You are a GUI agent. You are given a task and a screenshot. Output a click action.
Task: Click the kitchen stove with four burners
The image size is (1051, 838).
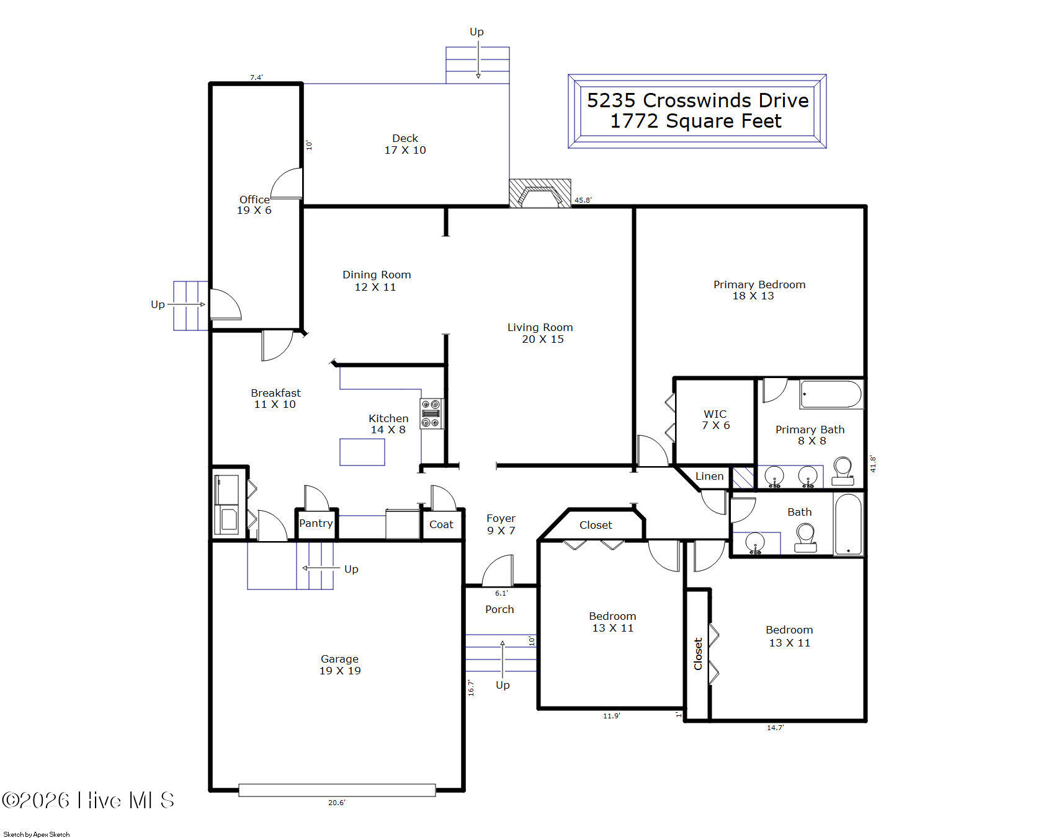click(x=432, y=413)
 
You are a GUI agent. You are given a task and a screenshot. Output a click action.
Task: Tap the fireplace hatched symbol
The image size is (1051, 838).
click(x=540, y=193)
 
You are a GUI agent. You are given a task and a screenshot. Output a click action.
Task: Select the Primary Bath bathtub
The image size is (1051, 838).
click(x=831, y=394)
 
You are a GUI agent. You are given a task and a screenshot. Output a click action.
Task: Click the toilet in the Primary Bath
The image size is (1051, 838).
click(x=843, y=472)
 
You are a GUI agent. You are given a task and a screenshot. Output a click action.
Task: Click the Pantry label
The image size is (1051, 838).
click(x=316, y=523)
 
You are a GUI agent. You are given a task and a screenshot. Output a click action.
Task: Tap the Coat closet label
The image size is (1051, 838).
click(x=441, y=524)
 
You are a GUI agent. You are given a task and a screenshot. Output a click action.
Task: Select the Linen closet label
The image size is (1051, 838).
click(x=709, y=476)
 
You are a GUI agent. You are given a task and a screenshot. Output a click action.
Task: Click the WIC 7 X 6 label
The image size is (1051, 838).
click(x=715, y=420)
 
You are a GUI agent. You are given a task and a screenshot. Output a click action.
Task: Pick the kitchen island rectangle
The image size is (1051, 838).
click(x=362, y=452)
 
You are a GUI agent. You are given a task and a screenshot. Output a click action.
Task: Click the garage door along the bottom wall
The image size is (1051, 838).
click(x=337, y=790)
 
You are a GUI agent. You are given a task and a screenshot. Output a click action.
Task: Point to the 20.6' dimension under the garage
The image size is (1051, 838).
click(x=336, y=803)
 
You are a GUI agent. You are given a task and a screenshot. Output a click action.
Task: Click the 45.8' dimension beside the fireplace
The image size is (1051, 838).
click(x=583, y=200)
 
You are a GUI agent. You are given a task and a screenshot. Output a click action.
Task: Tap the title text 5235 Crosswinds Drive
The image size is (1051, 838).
click(x=698, y=100)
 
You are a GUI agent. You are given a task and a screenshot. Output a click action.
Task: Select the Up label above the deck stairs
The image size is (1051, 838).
click(x=476, y=32)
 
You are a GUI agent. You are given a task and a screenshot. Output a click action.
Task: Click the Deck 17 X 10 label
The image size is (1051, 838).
click(x=405, y=144)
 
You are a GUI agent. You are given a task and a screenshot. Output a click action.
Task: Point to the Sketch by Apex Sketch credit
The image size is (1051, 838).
click(x=37, y=834)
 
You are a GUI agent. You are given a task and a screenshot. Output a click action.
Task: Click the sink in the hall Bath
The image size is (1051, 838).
click(x=755, y=543)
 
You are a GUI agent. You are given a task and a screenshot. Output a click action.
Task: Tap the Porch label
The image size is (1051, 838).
click(x=499, y=609)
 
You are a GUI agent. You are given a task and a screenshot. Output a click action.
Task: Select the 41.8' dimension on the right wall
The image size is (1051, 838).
click(x=873, y=464)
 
